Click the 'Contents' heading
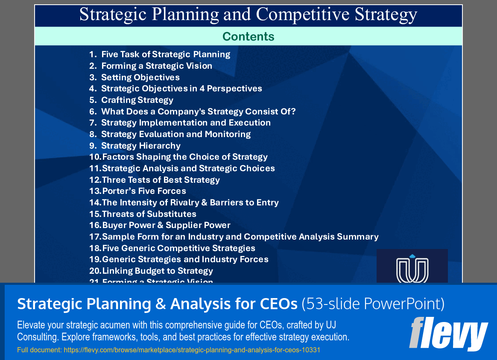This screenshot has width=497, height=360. (x=248, y=37)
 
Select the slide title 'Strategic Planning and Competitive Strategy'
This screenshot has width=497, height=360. (x=248, y=15)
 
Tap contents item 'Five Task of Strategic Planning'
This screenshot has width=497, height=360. (x=166, y=54)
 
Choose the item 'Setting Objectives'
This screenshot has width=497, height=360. (x=140, y=77)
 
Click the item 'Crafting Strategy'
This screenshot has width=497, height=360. (x=137, y=100)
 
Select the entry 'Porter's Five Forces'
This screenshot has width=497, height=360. (x=144, y=191)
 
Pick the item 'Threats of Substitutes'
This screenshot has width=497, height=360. (x=149, y=214)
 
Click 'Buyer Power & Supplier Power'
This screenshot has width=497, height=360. (x=166, y=225)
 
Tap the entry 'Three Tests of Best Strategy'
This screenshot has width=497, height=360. (x=161, y=180)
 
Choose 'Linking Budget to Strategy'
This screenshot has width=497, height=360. (x=157, y=271)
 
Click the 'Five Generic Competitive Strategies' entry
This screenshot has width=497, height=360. (x=178, y=248)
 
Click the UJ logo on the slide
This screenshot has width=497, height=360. (x=412, y=267)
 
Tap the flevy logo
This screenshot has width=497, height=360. (x=448, y=334)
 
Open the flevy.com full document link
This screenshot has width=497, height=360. (x=169, y=350)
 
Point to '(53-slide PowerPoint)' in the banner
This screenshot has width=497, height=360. (x=373, y=304)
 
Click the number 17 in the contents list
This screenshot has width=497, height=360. (x=94, y=237)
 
